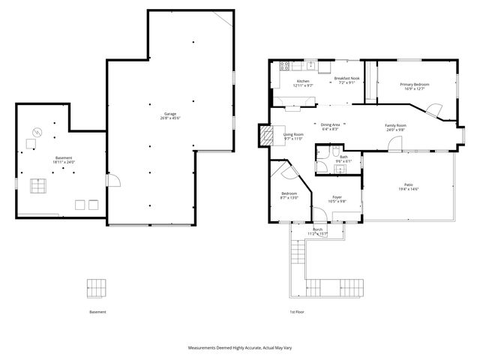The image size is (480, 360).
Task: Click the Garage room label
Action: (x=169, y=113)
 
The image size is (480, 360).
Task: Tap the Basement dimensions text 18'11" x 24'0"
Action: (x=63, y=162)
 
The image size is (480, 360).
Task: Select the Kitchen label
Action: (x=303, y=81)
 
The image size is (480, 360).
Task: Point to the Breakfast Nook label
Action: (x=349, y=78)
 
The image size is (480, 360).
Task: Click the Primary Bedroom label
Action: (x=414, y=84)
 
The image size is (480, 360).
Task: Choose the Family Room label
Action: (x=395, y=125)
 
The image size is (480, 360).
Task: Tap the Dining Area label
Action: (x=331, y=124)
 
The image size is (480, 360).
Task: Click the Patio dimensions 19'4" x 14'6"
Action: (x=408, y=189)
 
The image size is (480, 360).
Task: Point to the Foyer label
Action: (x=338, y=197)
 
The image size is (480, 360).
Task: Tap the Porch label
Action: (x=318, y=229)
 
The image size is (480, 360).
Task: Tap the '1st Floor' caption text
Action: (x=298, y=312)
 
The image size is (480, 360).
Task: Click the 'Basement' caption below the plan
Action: (x=97, y=312)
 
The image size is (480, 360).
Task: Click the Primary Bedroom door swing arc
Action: (x=435, y=110)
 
